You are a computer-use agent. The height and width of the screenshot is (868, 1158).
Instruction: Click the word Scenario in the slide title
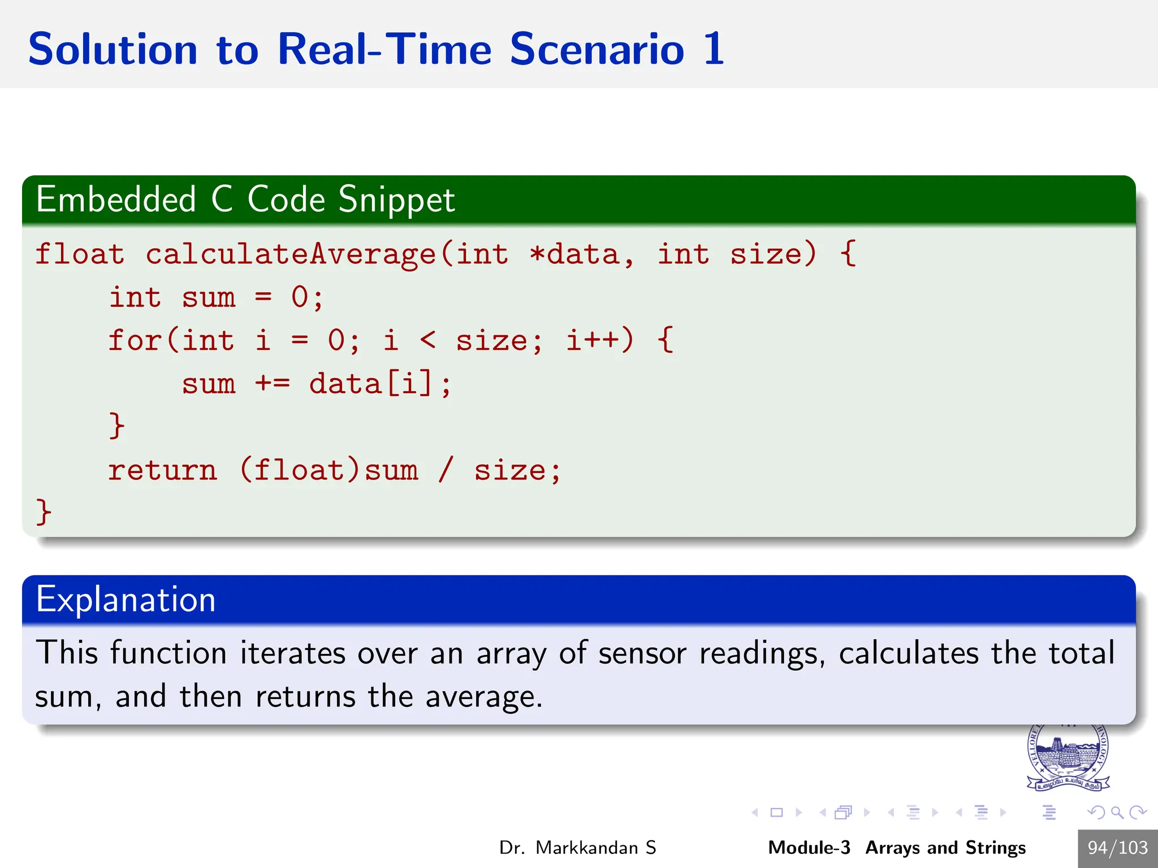point(597,50)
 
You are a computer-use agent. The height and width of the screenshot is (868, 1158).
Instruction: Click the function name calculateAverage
point(291,254)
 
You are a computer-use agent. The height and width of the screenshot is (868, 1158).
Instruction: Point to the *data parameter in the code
point(574,254)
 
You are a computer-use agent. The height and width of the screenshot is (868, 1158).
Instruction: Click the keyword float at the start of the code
point(80,254)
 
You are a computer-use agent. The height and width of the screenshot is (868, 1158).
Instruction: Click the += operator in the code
point(272,384)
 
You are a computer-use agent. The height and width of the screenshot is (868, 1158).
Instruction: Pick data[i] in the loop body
point(370,384)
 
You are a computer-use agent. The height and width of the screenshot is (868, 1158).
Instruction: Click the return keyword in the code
point(162,471)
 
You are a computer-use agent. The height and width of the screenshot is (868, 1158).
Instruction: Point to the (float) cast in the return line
point(299,471)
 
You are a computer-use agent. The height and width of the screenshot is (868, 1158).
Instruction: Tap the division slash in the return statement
point(446,471)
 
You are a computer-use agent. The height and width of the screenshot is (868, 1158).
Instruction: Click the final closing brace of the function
point(43,512)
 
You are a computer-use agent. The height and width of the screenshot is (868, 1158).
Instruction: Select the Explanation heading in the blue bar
point(126,600)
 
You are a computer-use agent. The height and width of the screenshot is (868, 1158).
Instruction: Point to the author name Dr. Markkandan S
point(577,848)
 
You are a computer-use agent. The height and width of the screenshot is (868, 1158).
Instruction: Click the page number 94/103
point(1117,848)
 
